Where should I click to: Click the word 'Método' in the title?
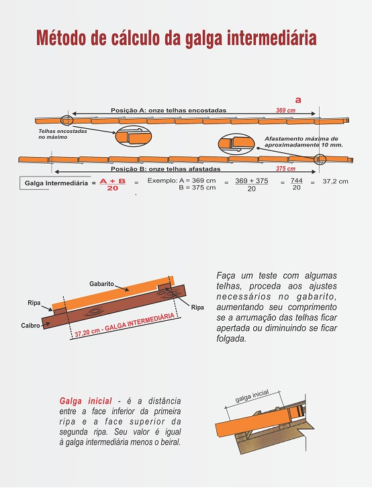(x=61, y=38)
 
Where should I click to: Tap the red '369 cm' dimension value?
(x=285, y=111)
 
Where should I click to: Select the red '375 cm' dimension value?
(x=285, y=168)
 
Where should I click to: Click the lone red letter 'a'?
(x=298, y=100)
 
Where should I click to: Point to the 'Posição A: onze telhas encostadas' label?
(x=169, y=111)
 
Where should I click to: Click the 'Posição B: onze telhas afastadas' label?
(x=166, y=169)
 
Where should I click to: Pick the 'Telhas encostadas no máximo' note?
(x=62, y=134)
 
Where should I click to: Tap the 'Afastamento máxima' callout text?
(x=301, y=139)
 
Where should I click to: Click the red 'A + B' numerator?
(x=113, y=181)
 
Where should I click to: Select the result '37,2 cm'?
(x=335, y=181)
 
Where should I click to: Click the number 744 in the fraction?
(x=296, y=181)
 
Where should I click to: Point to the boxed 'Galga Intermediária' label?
(x=56, y=183)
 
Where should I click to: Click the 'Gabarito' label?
(x=101, y=284)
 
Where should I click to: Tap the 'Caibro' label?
(x=30, y=326)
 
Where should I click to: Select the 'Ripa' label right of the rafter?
(x=197, y=307)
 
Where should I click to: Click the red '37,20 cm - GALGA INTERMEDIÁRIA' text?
(x=124, y=326)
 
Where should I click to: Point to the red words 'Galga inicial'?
(x=85, y=401)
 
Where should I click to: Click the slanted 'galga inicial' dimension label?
(x=252, y=396)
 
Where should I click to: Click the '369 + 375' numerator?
(x=252, y=181)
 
